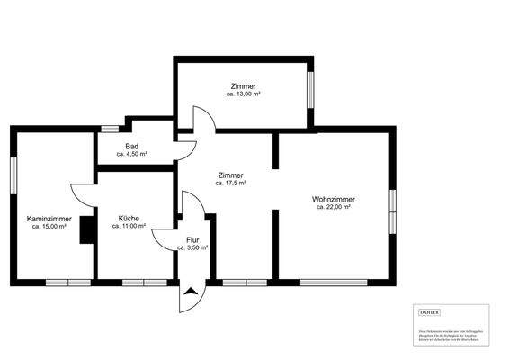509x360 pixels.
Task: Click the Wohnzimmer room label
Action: (x=333, y=199)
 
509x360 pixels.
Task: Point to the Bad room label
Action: (x=131, y=147)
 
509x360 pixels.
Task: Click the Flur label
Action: (x=192, y=239)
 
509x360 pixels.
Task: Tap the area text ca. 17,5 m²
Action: (x=230, y=183)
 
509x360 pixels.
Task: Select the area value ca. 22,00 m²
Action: (x=333, y=207)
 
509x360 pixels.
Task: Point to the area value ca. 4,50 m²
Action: (x=131, y=155)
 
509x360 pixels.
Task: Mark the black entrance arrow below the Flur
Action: (x=192, y=291)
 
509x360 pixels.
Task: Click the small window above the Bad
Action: (x=109, y=129)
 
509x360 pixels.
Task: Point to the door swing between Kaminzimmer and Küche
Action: (x=82, y=193)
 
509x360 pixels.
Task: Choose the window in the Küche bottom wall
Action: (x=144, y=282)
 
